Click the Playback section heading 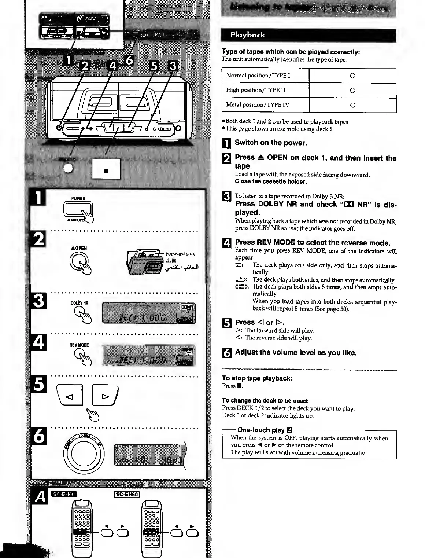pos(247,35)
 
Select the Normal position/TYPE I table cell pos(265,76)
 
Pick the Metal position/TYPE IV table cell pos(265,105)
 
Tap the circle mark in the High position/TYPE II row pos(352,91)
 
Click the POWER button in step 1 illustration pos(78,210)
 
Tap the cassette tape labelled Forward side pos(144,261)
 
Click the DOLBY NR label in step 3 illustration pos(80,303)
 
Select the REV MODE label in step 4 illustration pos(79,345)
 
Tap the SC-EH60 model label pos(64,494)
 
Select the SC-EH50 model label pos(127,494)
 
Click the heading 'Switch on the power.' pos(271,143)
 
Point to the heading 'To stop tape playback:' pos(257,378)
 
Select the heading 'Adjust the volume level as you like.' pos(295,353)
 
